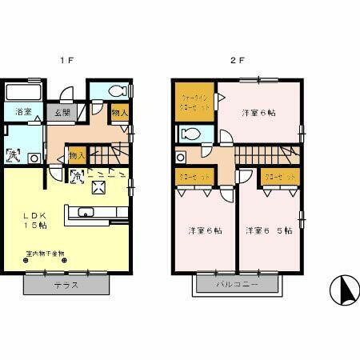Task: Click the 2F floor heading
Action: tap(236, 60)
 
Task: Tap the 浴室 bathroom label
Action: tap(24, 112)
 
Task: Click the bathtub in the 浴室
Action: tap(24, 90)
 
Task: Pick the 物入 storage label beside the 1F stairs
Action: tap(77, 155)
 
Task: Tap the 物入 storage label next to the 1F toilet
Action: tap(118, 113)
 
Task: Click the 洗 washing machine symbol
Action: tap(14, 154)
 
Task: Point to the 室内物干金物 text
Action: tap(44, 254)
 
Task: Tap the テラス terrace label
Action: tap(66, 286)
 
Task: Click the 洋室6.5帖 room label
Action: tap(269, 231)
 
